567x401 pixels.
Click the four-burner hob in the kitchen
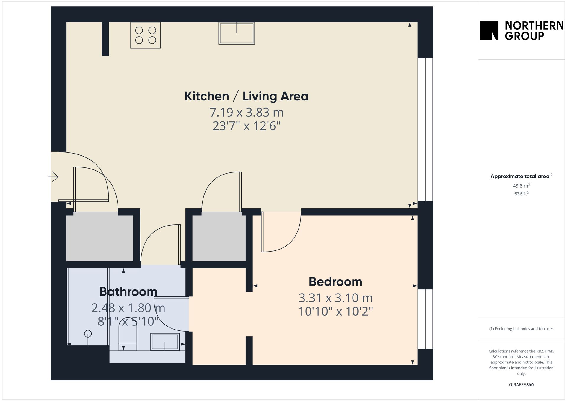(x=146, y=35)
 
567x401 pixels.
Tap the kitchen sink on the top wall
(x=237, y=33)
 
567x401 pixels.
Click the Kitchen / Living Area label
(x=246, y=96)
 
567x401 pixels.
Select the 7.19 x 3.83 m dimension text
(x=246, y=113)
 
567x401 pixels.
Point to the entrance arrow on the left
(x=53, y=177)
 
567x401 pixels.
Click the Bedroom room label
(x=335, y=282)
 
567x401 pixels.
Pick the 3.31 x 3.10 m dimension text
(x=335, y=298)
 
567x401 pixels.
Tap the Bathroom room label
(x=128, y=292)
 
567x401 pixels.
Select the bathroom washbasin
(x=165, y=342)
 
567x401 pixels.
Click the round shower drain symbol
(x=88, y=334)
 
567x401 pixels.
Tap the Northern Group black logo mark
(x=489, y=30)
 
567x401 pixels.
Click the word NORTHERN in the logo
(x=534, y=26)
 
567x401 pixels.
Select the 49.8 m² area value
(x=521, y=186)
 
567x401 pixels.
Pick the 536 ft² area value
(x=521, y=194)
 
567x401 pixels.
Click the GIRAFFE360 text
(x=521, y=385)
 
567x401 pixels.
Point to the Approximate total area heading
(x=521, y=176)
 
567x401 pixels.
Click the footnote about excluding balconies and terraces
(x=521, y=329)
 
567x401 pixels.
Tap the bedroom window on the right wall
(x=425, y=319)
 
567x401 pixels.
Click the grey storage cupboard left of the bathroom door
(x=100, y=238)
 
